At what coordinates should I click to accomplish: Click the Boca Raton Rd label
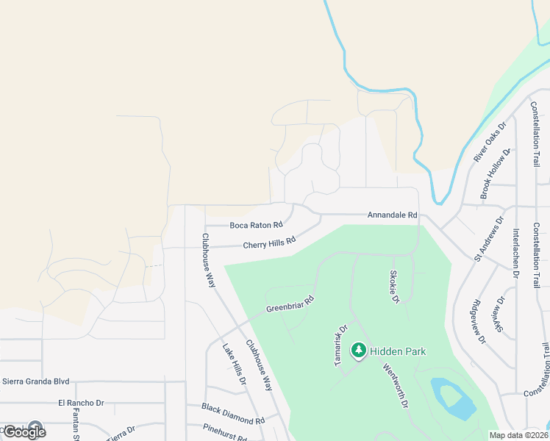pos(256,225)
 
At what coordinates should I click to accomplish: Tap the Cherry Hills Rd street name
pos(269,243)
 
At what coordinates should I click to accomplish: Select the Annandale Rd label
pos(392,215)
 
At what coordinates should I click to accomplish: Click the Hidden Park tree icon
pos(360,351)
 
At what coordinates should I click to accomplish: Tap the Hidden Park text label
pos(398,351)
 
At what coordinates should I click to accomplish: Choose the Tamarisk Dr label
pos(340,346)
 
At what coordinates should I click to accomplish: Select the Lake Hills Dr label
pos(234,365)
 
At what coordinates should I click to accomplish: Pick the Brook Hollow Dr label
pos(494,176)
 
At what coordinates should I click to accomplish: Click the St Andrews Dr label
pos(490,238)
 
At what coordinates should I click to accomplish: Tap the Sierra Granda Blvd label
pos(36,381)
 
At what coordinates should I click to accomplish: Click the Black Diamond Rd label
pos(234,413)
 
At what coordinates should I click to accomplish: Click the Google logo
pos(24,431)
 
